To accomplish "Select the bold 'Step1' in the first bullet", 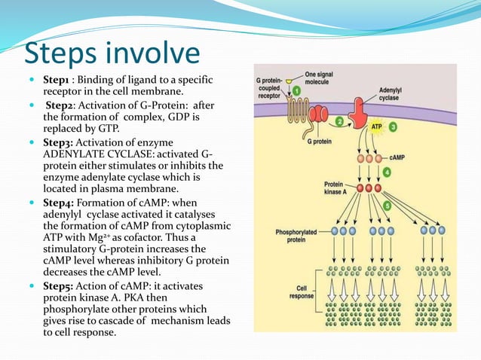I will pos(57,80).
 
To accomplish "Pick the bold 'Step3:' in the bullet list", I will pos(60,142).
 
